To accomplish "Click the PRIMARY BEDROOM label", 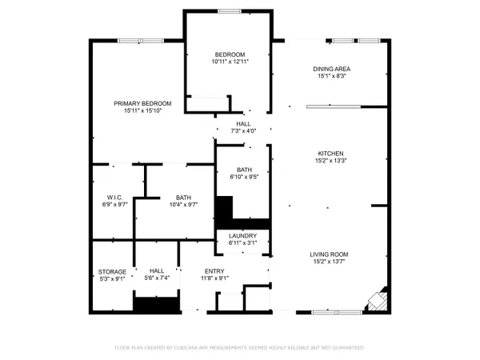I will (142, 103).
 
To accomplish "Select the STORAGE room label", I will (111, 272).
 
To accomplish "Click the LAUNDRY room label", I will (242, 236).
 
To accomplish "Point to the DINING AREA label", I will (331, 69).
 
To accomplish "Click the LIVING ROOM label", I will (330, 254).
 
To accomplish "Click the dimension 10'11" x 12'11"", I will (230, 62).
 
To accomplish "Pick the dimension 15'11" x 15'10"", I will (142, 111).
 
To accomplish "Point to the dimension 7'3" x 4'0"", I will (243, 130).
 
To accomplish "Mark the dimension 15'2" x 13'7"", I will (330, 262).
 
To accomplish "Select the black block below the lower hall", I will (154, 304).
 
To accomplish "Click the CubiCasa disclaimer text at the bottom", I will (239, 348).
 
